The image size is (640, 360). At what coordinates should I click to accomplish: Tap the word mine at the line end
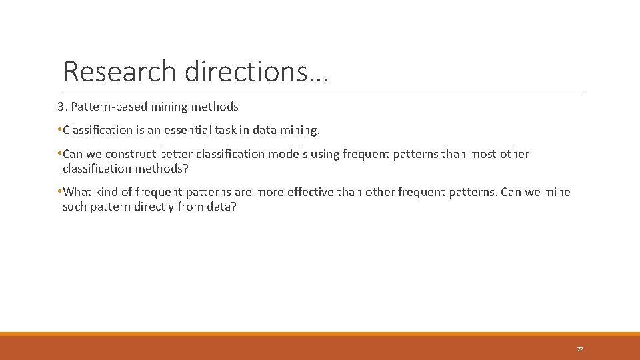coord(557,192)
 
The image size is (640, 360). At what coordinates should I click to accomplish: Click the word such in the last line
coord(75,207)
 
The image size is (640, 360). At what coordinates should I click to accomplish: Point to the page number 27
coord(579,349)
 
